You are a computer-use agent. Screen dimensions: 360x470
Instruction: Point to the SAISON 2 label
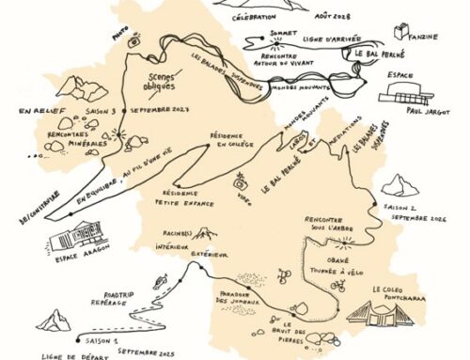click(x=401, y=205)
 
